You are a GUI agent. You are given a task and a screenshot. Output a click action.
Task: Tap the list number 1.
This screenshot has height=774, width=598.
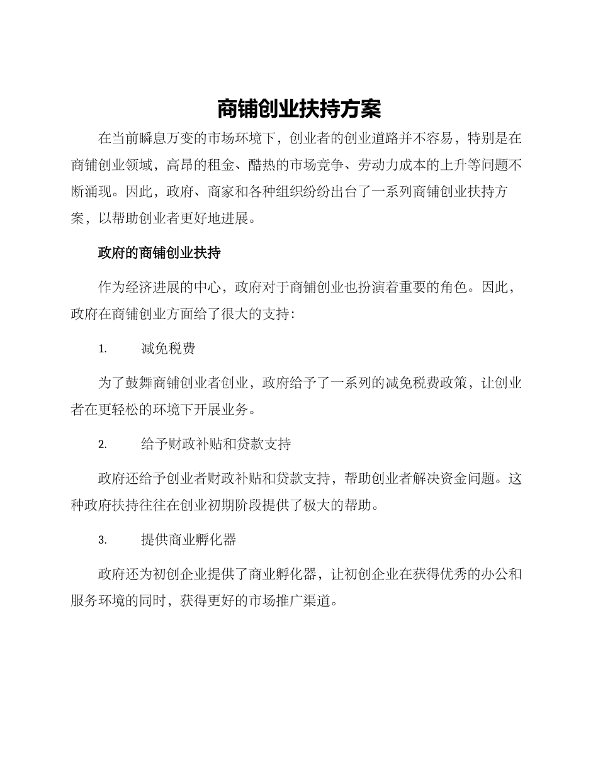pos(103,349)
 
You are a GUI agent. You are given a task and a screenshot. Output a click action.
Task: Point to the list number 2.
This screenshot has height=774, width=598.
pos(103,445)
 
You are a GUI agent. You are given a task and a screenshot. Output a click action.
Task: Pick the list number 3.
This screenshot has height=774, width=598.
pos(103,541)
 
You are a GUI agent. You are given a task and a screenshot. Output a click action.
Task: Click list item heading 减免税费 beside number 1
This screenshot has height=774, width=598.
pos(168,349)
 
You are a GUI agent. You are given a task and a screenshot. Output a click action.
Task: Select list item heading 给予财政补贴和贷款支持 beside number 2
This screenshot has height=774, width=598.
pos(216,445)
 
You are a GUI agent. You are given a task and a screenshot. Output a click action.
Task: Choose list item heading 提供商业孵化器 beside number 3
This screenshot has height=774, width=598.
pos(189,541)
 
